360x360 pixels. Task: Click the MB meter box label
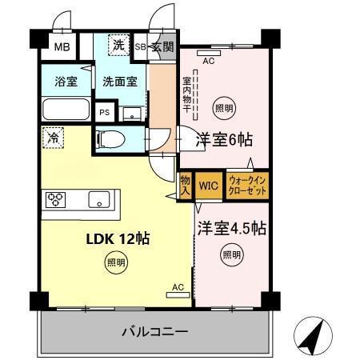point(62,47)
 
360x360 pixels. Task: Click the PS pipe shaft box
point(105,113)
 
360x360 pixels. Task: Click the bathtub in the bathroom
point(63,109)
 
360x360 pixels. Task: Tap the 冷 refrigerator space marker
point(52,138)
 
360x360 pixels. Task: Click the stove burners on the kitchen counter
point(58,200)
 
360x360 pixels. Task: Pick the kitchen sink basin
point(99,200)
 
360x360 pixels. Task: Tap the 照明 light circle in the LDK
point(116,262)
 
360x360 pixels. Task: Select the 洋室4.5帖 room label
point(232,229)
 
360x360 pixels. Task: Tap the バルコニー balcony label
point(155,330)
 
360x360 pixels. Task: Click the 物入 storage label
point(185,186)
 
